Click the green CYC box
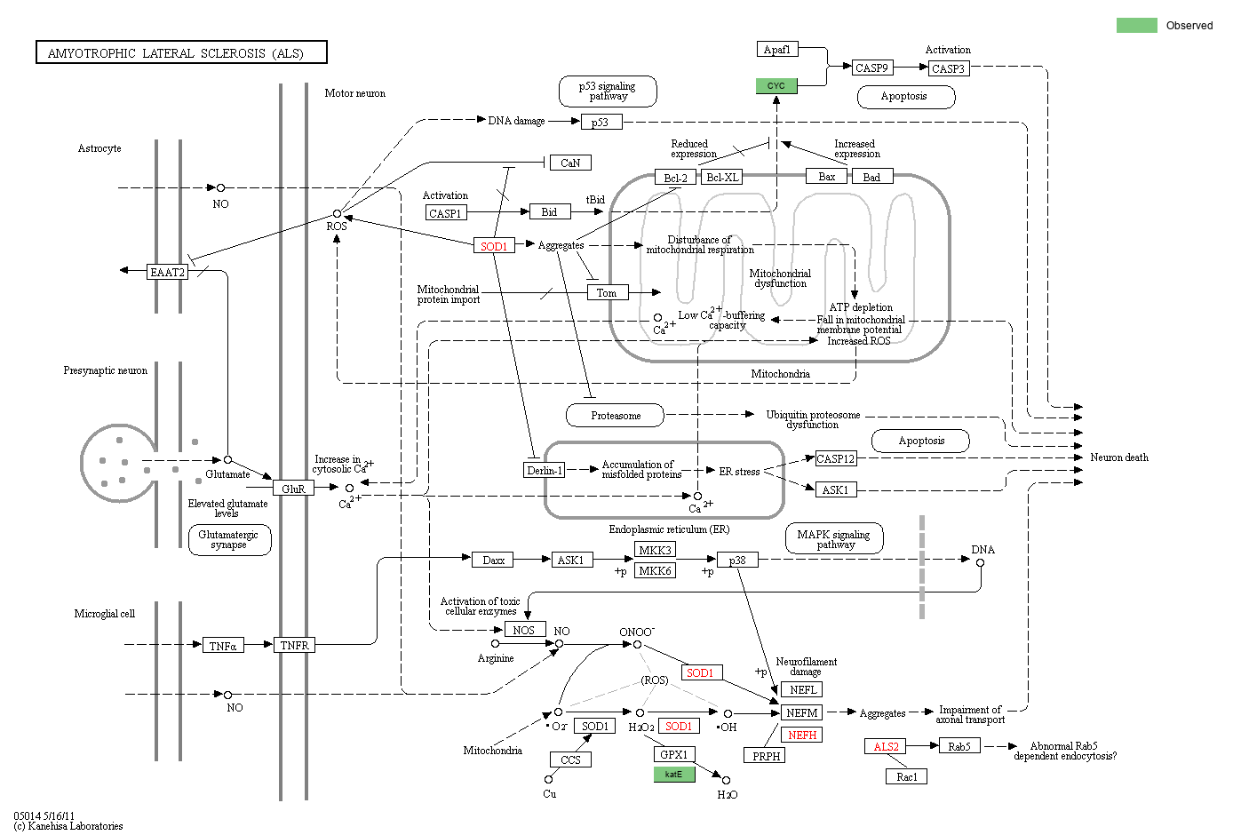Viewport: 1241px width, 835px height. (776, 86)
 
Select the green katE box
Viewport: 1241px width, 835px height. (674, 775)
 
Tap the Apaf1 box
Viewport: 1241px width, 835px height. (777, 50)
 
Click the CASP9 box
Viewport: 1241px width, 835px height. (871, 68)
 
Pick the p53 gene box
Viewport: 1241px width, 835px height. (601, 123)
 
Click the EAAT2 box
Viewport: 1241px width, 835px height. (167, 272)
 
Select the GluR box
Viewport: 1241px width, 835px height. (293, 489)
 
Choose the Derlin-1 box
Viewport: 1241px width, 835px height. (544, 470)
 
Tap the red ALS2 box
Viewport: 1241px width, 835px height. (886, 746)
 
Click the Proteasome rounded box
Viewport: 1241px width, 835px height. (616, 415)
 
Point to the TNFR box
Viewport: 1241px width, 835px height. (294, 645)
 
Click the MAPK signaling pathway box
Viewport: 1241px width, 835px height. (834, 539)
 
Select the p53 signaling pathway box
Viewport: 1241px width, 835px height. (608, 91)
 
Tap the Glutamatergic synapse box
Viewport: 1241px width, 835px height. (229, 539)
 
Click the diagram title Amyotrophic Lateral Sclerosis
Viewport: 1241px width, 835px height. (181, 53)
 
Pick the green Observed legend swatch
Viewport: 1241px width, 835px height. (1136, 25)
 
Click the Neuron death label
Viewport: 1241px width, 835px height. (1118, 457)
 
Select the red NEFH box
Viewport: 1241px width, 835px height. (802, 735)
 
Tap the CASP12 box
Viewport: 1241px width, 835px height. (835, 458)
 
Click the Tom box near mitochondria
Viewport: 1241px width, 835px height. (607, 292)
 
